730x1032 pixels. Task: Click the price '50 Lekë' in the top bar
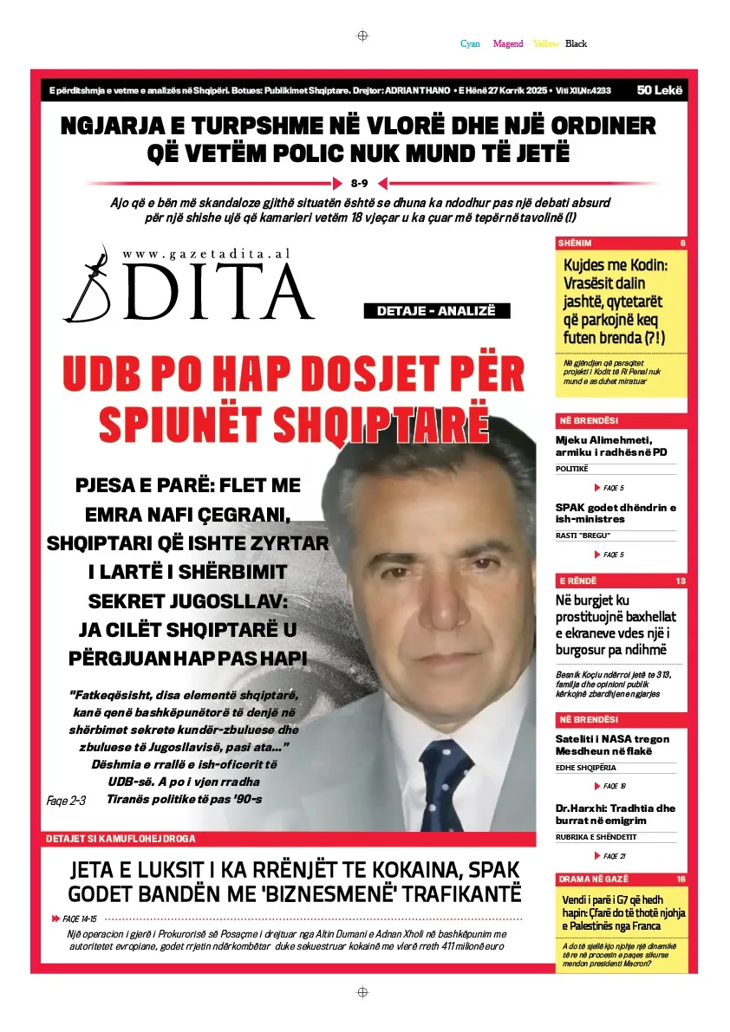(x=660, y=90)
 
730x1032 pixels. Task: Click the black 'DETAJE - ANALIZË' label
(x=436, y=311)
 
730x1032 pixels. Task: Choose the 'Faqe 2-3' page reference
(x=66, y=801)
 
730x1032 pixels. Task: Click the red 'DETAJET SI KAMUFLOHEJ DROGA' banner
(x=122, y=839)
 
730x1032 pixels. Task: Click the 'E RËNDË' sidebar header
(x=578, y=581)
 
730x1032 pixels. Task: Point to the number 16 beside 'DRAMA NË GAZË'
(x=681, y=879)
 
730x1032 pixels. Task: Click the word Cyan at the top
(x=470, y=43)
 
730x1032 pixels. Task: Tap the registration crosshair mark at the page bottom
(x=362, y=992)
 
